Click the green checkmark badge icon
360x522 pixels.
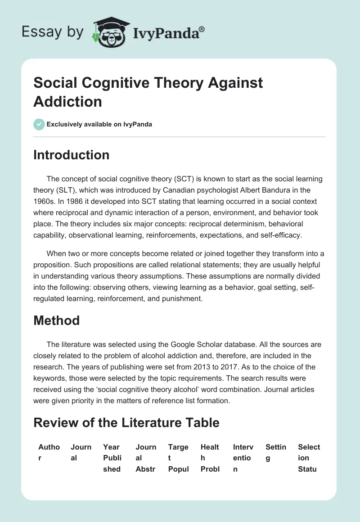pos(39,124)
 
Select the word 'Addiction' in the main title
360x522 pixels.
pos(67,101)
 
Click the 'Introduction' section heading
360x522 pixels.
pos(71,155)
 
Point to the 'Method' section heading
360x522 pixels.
pos(56,320)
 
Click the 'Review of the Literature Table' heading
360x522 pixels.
pos(126,423)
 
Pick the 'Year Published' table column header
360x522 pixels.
pos(112,458)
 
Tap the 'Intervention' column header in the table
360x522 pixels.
pos(243,458)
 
